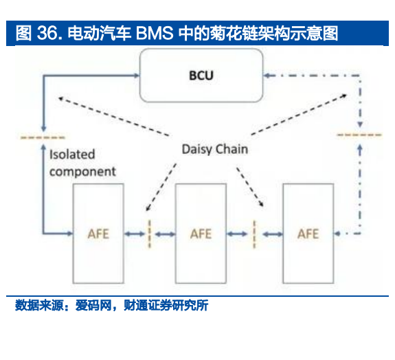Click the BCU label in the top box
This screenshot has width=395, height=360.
tap(201, 76)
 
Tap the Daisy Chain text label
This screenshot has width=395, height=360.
tap(215, 149)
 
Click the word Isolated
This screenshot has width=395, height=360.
tap(72, 155)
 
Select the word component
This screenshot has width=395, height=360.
tap(82, 172)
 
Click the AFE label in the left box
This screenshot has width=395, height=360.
tap(98, 234)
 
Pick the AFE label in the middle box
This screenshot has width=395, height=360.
tap(201, 234)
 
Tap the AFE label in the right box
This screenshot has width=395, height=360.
tap(308, 234)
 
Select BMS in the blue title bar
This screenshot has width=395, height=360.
tap(155, 33)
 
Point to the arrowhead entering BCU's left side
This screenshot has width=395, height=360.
tap(136, 76)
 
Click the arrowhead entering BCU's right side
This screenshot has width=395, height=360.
tap(267, 76)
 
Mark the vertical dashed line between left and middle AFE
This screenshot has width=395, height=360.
tap(149, 234)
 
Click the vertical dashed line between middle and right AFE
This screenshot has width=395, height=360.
tap(254, 234)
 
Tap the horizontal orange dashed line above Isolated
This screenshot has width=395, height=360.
tap(43, 137)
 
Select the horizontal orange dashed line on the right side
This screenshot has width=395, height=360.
tap(359, 135)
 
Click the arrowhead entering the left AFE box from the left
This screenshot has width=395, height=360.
tap(69, 234)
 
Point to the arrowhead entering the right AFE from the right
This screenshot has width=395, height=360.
tap(337, 234)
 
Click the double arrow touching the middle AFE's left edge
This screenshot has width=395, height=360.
tap(165, 234)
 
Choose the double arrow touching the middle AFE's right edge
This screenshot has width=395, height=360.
tap(237, 234)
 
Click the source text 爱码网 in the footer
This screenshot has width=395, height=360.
tap(93, 305)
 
